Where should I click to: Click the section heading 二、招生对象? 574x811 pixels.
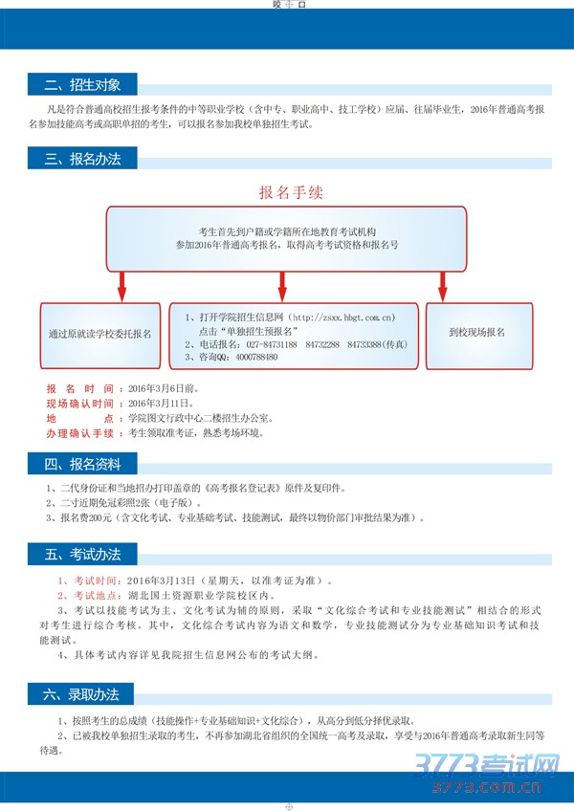[83, 85]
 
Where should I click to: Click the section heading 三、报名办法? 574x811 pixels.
[83, 159]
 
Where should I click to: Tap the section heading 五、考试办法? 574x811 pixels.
[83, 554]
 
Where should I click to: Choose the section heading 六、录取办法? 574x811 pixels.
[83, 693]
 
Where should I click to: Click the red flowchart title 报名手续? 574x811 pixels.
[291, 191]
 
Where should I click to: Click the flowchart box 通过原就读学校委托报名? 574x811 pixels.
[99, 335]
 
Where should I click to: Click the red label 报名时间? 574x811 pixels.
[79, 390]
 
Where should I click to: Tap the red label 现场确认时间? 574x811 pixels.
[79, 405]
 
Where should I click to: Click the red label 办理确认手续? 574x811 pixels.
[79, 433]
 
